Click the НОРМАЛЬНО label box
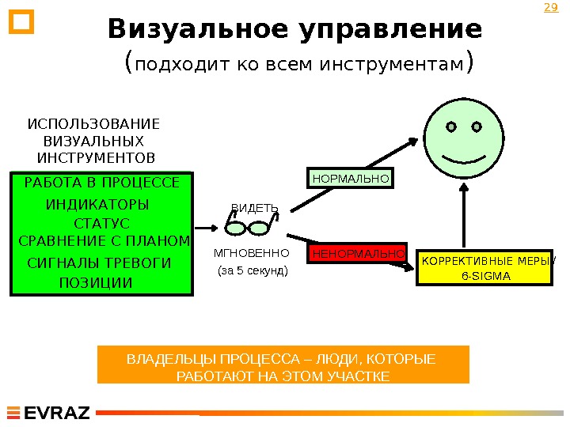pyautogui.click(x=351, y=179)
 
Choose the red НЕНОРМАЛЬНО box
pyautogui.click(x=359, y=254)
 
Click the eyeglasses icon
pyautogui.click(x=249, y=227)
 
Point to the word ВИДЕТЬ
pyautogui.click(x=254, y=209)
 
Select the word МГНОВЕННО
pyautogui.click(x=252, y=254)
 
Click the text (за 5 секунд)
pyautogui.click(x=253, y=270)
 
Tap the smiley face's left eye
pyautogui.click(x=450, y=127)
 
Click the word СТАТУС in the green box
pyautogui.click(x=101, y=224)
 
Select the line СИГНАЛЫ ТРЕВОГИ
pyautogui.click(x=99, y=263)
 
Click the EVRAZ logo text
pyautogui.click(x=57, y=413)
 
